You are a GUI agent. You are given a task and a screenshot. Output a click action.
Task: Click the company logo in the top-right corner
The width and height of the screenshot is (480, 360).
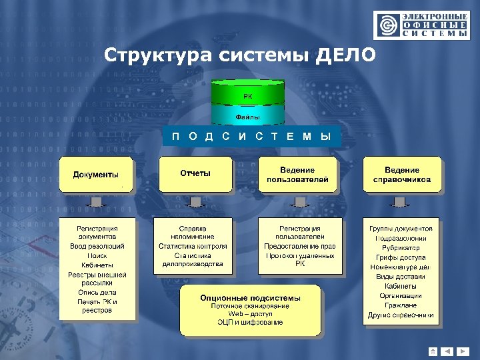421,26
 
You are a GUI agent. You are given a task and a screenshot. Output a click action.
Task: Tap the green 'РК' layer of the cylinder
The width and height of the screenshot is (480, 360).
247,96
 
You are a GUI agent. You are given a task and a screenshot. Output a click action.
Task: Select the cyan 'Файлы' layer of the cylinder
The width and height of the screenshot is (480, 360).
247,117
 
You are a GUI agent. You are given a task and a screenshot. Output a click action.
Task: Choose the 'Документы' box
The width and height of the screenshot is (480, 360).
97,175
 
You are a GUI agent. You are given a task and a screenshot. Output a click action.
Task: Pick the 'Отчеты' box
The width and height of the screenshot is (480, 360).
195,174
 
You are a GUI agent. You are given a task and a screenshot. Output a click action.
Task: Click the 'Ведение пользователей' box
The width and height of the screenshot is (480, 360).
297,175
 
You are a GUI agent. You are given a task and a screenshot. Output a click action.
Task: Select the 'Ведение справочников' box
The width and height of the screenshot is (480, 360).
402,175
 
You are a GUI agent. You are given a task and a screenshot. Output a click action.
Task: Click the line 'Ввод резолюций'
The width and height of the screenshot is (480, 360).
97,247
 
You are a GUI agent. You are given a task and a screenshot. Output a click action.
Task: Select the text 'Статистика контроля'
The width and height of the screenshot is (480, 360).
193,246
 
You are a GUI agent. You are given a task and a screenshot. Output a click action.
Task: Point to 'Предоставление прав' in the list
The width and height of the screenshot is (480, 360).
300,246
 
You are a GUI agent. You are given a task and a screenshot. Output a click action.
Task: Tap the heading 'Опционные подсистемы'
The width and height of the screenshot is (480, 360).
250,297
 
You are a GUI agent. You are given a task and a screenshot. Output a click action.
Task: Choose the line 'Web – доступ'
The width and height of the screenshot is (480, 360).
250,314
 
